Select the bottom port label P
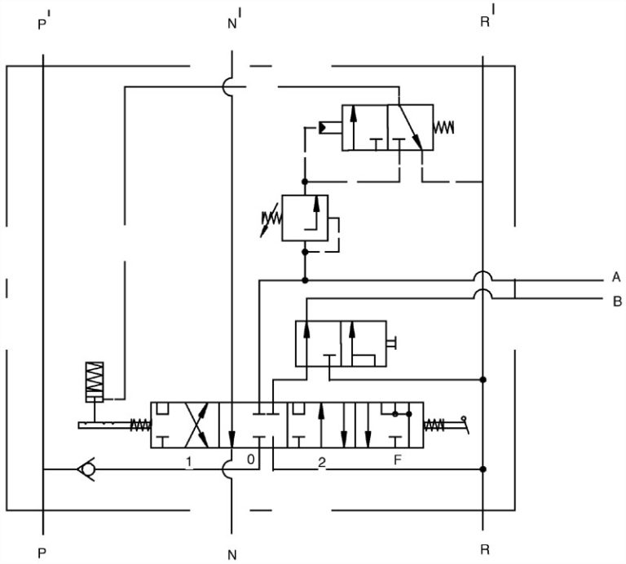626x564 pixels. point(42,553)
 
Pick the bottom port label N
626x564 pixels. point(232,553)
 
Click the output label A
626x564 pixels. point(616,277)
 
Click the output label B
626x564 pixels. point(616,301)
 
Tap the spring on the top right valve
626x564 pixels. point(445,127)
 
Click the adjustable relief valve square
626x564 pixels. point(304,218)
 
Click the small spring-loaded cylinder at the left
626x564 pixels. point(96,381)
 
